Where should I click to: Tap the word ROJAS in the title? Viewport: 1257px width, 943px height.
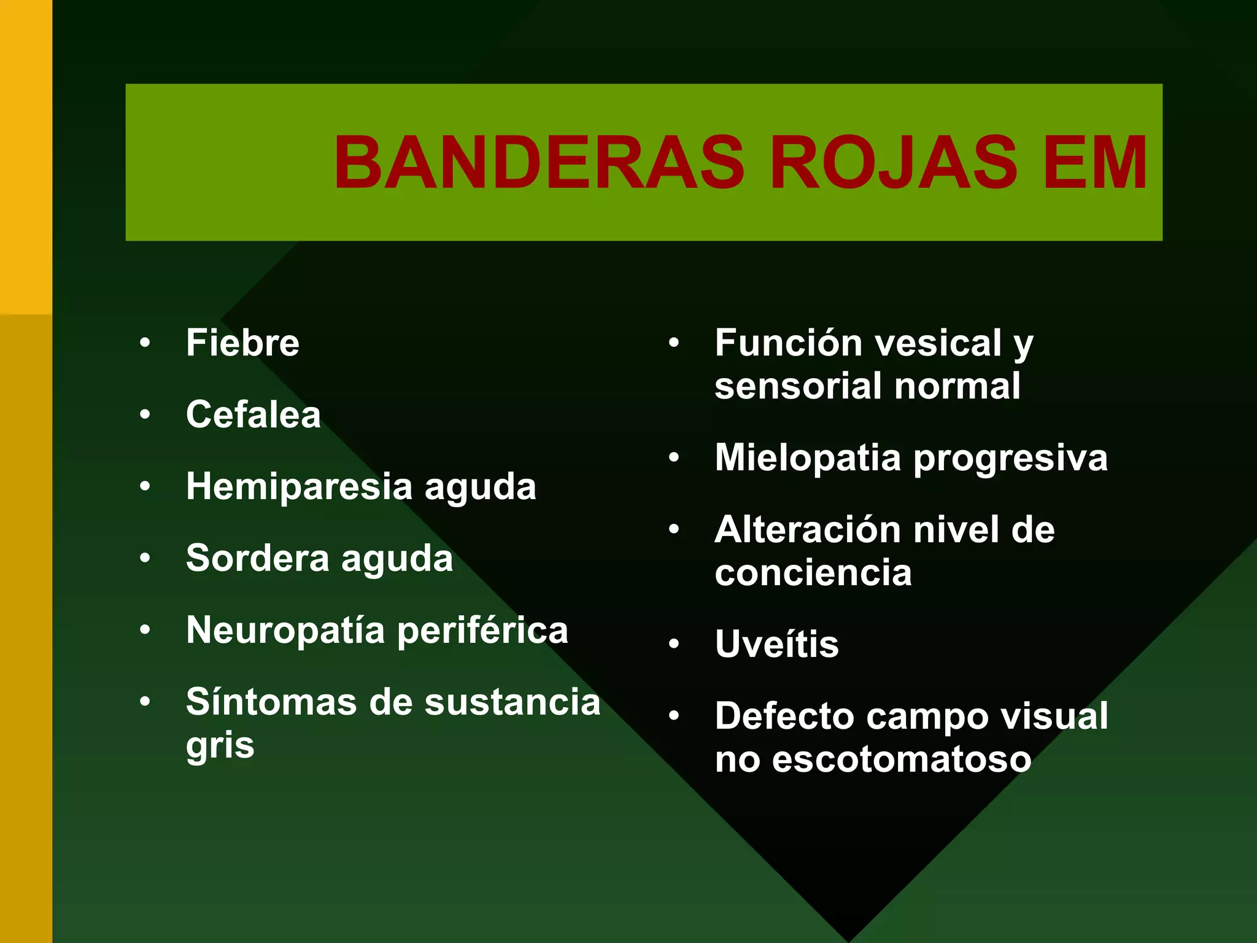[892, 163]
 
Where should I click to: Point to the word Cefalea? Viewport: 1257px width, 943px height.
[253, 414]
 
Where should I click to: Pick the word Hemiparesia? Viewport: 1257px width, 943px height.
[299, 487]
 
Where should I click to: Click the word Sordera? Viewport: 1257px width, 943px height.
[257, 558]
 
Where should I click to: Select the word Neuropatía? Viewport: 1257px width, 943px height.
[285, 631]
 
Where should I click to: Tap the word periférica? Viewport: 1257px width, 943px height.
[482, 631]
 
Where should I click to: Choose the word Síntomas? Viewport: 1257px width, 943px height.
[271, 702]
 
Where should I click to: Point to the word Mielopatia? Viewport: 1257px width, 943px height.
[808, 458]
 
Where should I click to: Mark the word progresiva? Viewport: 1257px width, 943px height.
[1010, 458]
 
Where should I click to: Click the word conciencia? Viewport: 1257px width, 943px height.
[813, 573]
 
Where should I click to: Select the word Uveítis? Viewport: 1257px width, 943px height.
[776, 644]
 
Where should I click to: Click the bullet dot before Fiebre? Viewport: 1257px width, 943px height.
[145, 343]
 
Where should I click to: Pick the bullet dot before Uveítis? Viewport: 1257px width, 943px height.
[674, 644]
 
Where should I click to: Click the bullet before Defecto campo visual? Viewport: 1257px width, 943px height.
[674, 716]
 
